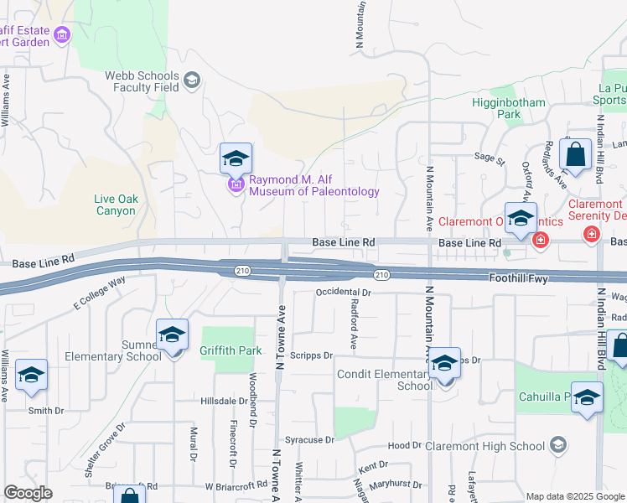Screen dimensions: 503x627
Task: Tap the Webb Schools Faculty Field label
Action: click(142, 80)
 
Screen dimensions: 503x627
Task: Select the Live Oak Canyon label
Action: click(116, 205)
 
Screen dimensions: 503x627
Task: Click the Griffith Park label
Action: click(225, 350)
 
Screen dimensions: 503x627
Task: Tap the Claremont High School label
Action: click(490, 446)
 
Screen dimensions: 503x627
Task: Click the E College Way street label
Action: click(99, 290)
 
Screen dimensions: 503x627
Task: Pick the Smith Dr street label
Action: click(46, 411)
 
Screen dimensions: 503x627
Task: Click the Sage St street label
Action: click(490, 156)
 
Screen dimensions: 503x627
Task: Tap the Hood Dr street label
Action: click(404, 446)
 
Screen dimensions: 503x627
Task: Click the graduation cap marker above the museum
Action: click(236, 158)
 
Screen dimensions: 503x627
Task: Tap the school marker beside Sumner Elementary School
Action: click(172, 335)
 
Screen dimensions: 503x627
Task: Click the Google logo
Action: click(28, 493)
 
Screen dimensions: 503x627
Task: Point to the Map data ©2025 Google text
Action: click(574, 496)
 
